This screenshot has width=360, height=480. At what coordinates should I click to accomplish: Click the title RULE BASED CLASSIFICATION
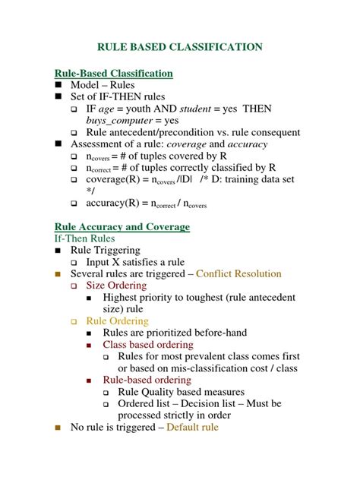click(179, 47)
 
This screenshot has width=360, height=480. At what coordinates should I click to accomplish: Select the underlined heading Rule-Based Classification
click(114, 73)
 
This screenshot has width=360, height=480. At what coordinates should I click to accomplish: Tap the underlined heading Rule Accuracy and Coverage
click(122, 226)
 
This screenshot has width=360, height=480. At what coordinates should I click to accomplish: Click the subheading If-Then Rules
click(85, 238)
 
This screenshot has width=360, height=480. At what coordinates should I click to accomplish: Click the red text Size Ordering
click(118, 285)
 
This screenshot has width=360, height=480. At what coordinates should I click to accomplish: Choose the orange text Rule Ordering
click(118, 321)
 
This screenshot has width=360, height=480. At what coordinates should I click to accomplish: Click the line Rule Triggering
click(106, 250)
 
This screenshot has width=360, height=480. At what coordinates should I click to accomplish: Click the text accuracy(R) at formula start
click(112, 204)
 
